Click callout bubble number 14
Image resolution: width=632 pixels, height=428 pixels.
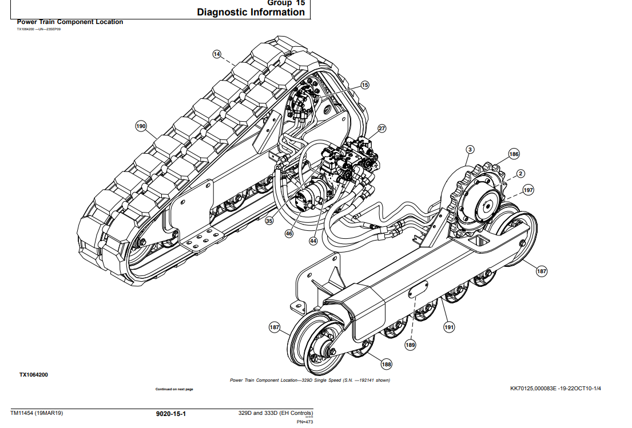coord(217,54)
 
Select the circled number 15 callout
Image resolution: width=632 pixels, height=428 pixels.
coord(365,85)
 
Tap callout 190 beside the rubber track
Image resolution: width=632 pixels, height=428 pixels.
coord(141,126)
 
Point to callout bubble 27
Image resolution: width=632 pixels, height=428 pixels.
coord(382,129)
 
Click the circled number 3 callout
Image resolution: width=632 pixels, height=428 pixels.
coord(470,150)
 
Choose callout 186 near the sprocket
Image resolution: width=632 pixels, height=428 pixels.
coord(514,154)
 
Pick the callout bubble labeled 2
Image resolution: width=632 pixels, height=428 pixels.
coord(520,173)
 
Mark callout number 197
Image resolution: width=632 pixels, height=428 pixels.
coord(528,190)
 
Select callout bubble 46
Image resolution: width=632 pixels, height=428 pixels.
coord(289,233)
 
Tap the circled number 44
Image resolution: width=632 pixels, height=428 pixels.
coord(313,241)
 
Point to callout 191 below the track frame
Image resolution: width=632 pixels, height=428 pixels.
coord(449,327)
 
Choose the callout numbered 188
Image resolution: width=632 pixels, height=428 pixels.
coord(387,364)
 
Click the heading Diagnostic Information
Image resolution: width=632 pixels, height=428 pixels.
coord(251,13)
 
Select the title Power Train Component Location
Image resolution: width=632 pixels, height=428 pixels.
coord(70,22)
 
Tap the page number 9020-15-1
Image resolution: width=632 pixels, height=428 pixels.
coord(171,413)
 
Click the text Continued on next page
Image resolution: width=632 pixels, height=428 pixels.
coord(174,389)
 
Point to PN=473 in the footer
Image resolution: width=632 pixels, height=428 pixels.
coord(305,422)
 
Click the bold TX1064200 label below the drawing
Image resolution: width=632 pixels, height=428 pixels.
coord(34,375)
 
